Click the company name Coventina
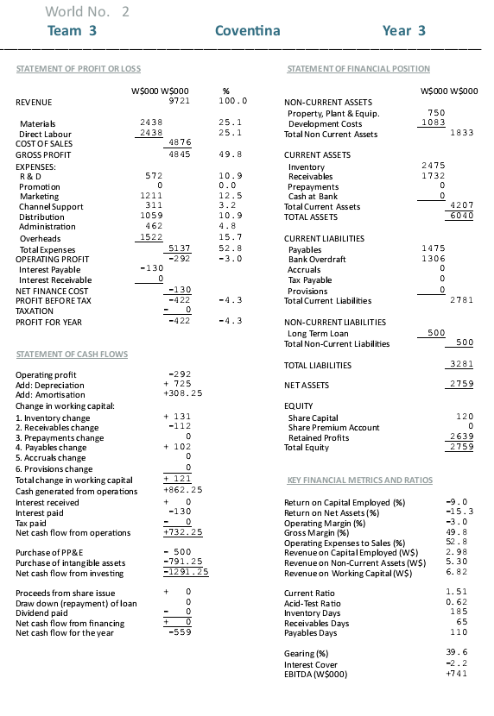coord(247,31)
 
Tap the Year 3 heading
coord(404,31)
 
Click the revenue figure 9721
coord(179,101)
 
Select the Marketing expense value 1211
coord(150,196)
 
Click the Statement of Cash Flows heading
coord(72,355)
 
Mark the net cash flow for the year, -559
coord(177,632)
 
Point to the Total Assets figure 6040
coord(461,216)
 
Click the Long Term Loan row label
coord(317,333)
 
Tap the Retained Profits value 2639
coord(461,437)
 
